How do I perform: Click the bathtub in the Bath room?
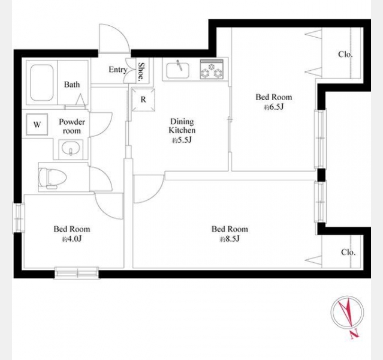[42, 83]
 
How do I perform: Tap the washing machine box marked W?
[37, 124]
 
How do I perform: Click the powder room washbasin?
[71, 149]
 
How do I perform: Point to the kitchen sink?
[177, 70]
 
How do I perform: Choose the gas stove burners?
[212, 69]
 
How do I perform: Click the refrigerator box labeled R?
[143, 100]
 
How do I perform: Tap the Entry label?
[118, 70]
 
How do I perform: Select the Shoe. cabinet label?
[141, 71]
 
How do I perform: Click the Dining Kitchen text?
[182, 126]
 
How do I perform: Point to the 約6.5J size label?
[273, 107]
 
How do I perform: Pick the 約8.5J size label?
[230, 239]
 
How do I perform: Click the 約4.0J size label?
[71, 239]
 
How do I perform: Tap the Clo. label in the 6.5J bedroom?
[345, 54]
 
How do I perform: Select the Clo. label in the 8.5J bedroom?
[348, 252]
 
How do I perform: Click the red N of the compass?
[355, 335]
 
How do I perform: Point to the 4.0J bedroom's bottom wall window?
[77, 273]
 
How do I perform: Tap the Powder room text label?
[72, 126]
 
